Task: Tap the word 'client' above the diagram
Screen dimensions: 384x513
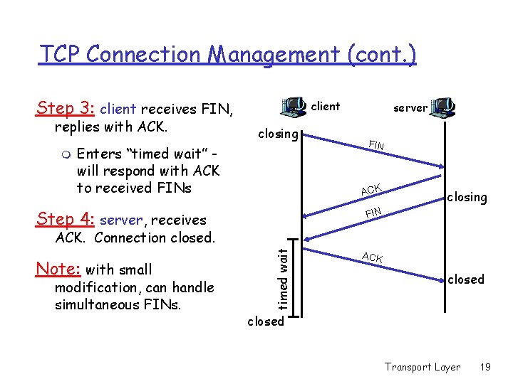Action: (326, 107)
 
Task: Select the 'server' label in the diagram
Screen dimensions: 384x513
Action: (410, 108)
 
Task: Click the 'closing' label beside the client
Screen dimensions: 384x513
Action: (278, 134)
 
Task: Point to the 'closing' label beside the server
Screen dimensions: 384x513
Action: (467, 197)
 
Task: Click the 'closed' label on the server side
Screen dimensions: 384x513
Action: (465, 279)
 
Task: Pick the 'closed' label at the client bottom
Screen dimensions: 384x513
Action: (265, 321)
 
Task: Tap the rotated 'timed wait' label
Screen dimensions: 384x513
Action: (284, 278)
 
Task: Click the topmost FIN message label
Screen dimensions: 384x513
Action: (376, 146)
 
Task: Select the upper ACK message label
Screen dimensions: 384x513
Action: (371, 188)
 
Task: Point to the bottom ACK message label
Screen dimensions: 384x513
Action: (372, 257)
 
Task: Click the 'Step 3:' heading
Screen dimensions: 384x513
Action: (66, 108)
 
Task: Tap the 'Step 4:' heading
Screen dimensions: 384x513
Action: (66, 220)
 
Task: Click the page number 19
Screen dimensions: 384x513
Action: (485, 367)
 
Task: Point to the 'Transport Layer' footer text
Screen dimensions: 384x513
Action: (423, 367)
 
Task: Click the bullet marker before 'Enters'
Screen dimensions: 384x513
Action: (65, 154)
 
